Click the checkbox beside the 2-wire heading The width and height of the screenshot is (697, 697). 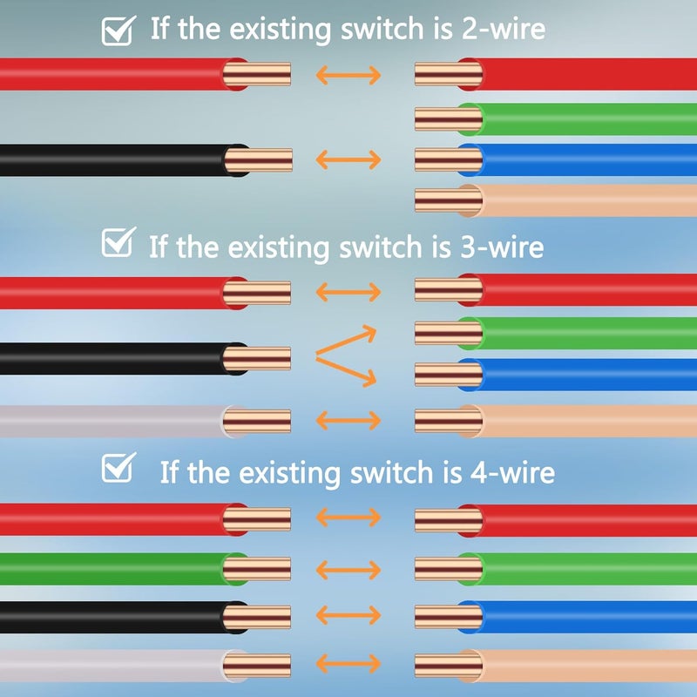[118, 30]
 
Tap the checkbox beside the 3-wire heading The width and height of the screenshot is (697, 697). [118, 242]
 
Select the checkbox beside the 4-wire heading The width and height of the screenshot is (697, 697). [118, 467]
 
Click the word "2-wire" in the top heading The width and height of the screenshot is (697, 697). [504, 29]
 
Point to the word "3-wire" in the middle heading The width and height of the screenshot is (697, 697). [502, 247]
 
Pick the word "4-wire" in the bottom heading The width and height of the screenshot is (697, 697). [512, 472]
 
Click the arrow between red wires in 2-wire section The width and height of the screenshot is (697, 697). [348, 75]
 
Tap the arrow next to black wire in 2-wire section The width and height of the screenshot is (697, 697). [348, 159]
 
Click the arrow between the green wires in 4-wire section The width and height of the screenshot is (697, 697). [348, 570]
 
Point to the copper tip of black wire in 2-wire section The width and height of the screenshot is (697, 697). [258, 160]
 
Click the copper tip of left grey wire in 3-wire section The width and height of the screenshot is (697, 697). [257, 422]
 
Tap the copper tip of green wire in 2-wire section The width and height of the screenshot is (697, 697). [449, 119]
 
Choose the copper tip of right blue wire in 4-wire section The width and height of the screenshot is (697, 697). [449, 617]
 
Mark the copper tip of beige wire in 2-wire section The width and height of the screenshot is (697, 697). [449, 200]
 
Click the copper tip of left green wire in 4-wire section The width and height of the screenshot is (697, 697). [257, 569]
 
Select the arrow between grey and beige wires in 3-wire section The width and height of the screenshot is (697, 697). [348, 421]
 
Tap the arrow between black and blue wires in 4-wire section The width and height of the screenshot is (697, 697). [348, 615]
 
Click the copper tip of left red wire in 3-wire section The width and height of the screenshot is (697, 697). [257, 293]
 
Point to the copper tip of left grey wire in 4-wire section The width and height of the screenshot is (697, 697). [257, 666]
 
